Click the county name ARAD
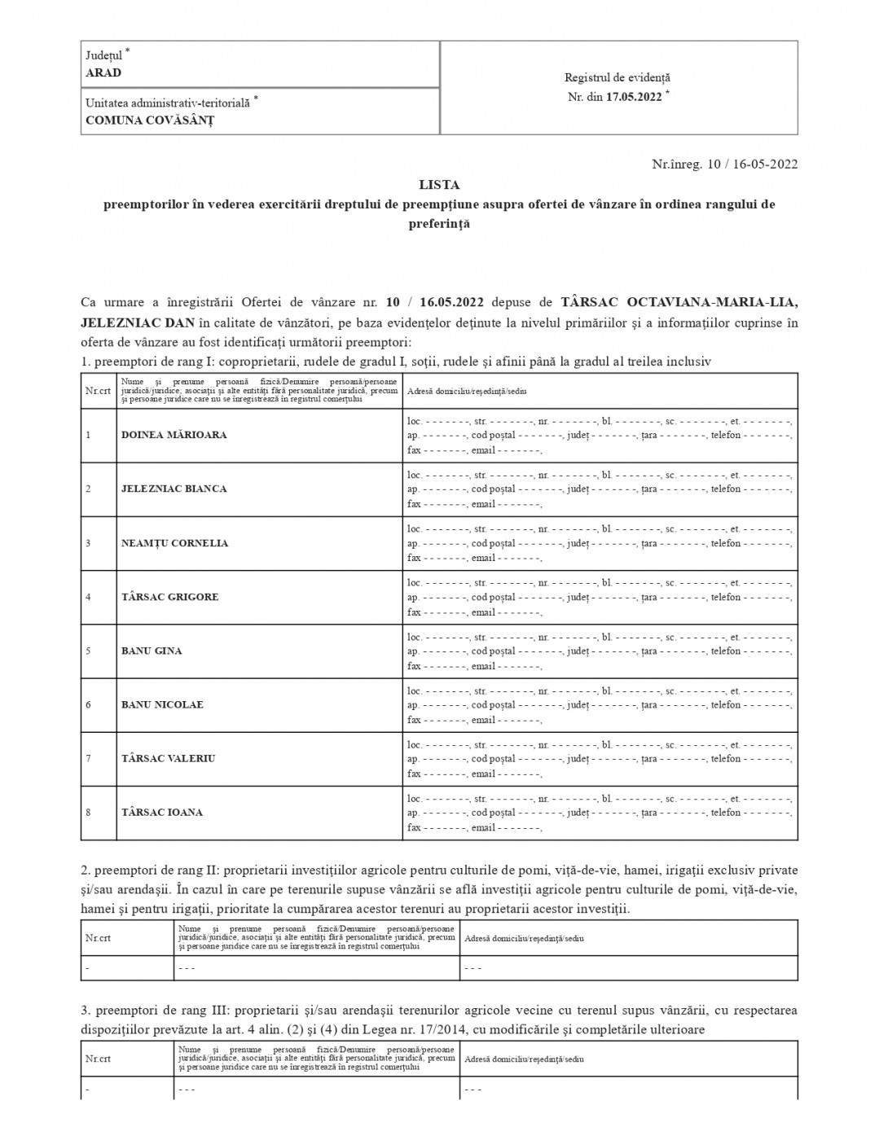(103, 72)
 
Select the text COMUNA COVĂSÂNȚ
(150, 120)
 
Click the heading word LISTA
(439, 185)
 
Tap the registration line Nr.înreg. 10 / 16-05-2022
(725, 164)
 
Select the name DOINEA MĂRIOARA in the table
(174, 435)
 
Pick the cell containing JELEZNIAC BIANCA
(174, 489)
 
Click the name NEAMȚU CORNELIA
(175, 543)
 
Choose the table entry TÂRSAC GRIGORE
(170, 597)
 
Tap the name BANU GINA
(152, 651)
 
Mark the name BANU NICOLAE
(162, 704)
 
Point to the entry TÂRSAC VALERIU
(169, 758)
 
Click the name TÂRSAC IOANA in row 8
(162, 812)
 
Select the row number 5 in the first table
(88, 651)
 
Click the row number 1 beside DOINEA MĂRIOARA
(88, 435)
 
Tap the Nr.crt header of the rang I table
(98, 391)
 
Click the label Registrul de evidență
(617, 77)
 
